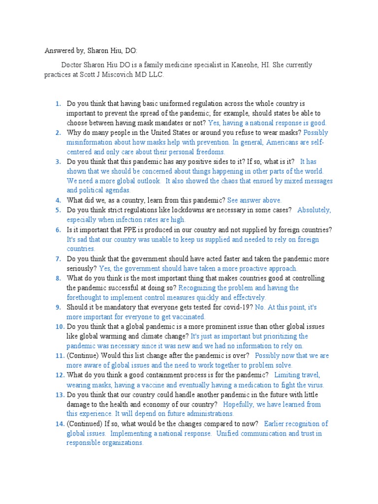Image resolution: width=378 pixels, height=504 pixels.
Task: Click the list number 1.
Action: pos(58,104)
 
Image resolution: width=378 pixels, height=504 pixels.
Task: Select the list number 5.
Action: pos(58,210)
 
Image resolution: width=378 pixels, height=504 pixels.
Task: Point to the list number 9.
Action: pos(58,307)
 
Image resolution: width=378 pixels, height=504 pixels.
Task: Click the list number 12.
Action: pos(60,375)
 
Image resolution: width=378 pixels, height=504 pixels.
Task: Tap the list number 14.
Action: pos(60,424)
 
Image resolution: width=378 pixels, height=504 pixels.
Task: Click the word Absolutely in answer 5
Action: pos(314,210)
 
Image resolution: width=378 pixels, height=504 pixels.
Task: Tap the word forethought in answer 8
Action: pos(86,297)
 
